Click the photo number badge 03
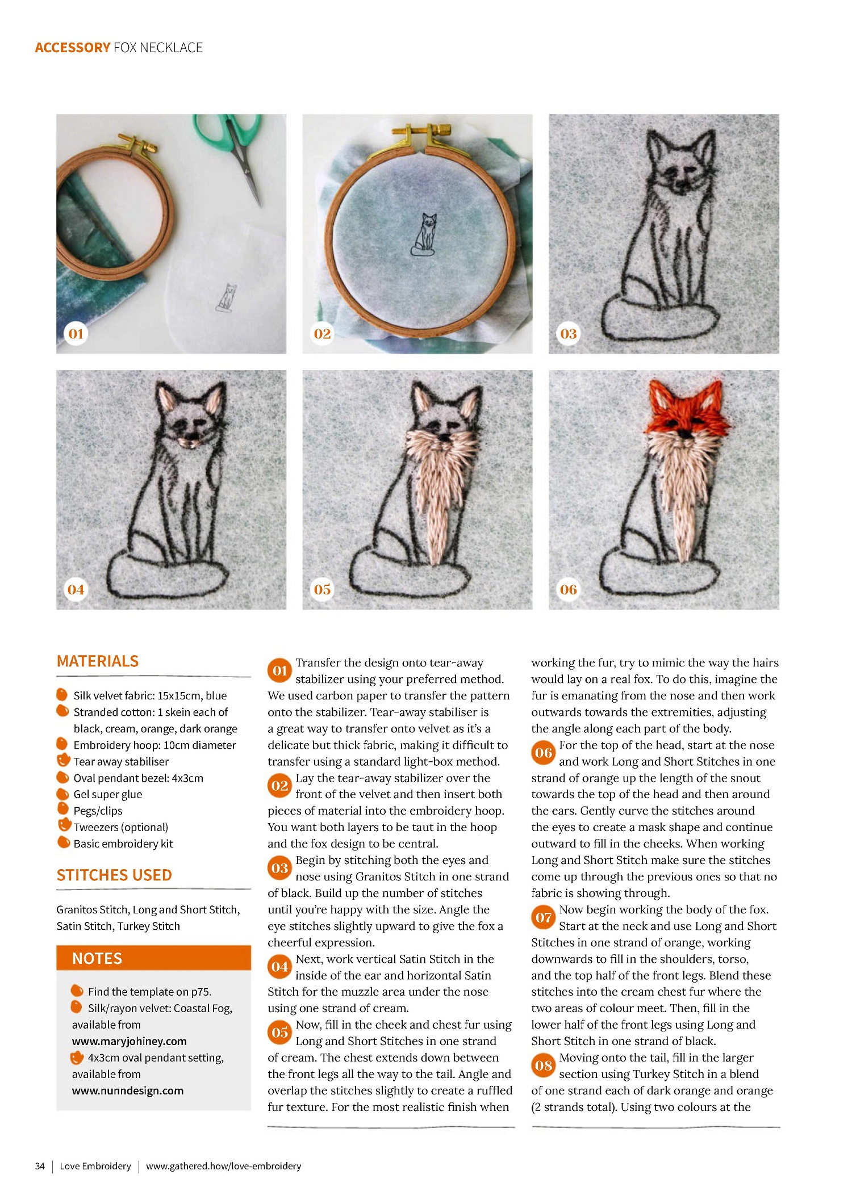coord(569,334)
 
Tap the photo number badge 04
coord(76,590)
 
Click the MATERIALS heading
coord(98,661)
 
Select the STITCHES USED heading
coord(114,875)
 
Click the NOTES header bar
coord(153,958)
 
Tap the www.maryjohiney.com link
coord(129,1041)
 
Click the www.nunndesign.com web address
coord(128,1090)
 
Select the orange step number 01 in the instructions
coord(279,670)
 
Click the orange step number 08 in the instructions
coord(544,1065)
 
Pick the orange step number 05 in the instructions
coord(279,1033)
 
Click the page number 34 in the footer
coord(40,1166)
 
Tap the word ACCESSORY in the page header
coord(72,48)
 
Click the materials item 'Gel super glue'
coord(108,795)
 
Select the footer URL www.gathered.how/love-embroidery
coord(223,1166)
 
